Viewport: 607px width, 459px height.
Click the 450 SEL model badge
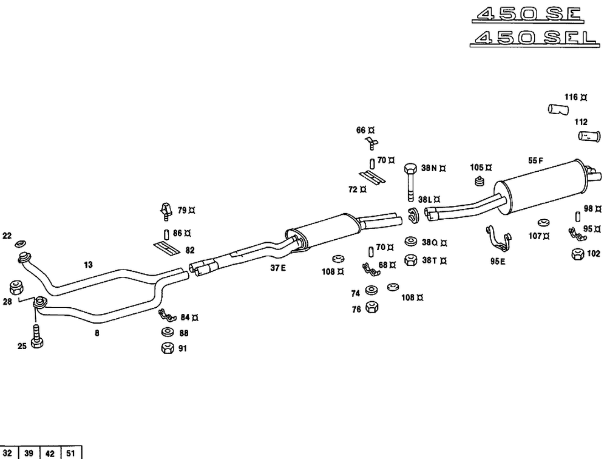(x=534, y=38)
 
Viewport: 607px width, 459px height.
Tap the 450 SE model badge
(x=527, y=15)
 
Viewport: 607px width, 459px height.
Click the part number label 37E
(x=279, y=268)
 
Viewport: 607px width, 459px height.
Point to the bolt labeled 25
(x=36, y=335)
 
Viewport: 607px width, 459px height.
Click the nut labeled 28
(x=16, y=287)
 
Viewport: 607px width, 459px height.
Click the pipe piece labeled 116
(x=557, y=109)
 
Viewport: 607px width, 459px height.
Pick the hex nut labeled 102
(x=577, y=254)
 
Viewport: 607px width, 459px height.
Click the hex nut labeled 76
(x=373, y=308)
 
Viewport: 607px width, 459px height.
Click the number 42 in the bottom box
(x=50, y=453)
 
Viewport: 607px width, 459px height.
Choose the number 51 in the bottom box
(x=70, y=453)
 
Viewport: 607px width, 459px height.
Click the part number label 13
(x=89, y=264)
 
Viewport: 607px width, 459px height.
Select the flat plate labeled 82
(x=164, y=248)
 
